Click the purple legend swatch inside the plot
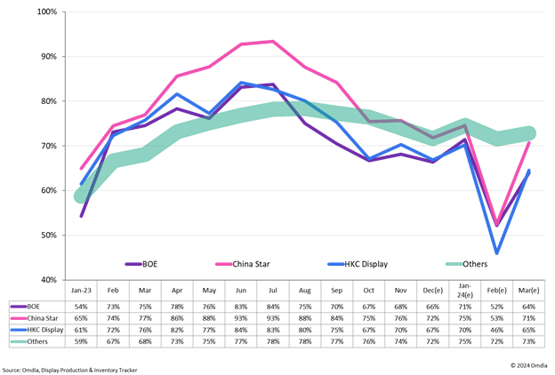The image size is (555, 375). [133, 264]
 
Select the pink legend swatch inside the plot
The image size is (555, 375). [223, 264]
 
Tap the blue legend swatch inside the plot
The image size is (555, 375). [335, 264]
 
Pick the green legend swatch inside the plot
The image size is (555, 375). [454, 264]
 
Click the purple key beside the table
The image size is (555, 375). [19, 307]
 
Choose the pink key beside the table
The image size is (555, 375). [19, 318]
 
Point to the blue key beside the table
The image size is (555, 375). [19, 330]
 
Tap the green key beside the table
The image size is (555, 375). [19, 341]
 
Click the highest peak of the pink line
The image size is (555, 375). [272, 41]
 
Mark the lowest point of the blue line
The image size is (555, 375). [496, 253]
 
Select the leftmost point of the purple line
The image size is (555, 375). [81, 216]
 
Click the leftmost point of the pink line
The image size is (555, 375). [81, 168]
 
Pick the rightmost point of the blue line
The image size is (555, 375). [529, 170]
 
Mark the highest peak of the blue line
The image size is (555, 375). [241, 83]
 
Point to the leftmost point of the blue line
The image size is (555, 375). [81, 187]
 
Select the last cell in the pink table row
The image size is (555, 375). [529, 318]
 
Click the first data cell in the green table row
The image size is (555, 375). [81, 341]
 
